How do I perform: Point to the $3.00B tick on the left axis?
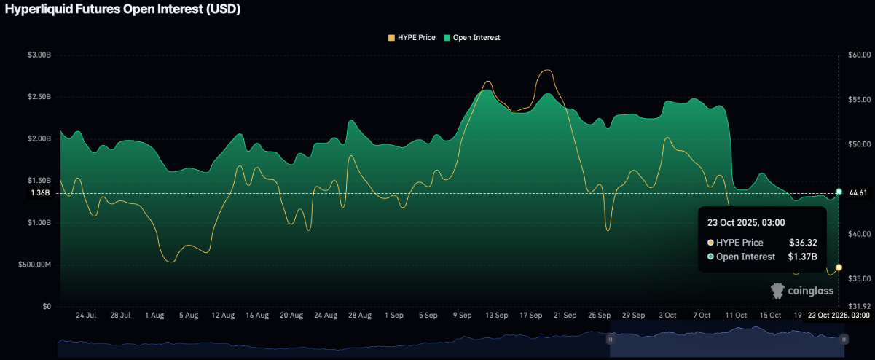point(39,55)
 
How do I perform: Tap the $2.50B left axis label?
point(39,97)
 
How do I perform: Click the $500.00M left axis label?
point(36,265)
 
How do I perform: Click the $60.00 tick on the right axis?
point(860,55)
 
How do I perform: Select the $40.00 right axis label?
point(860,234)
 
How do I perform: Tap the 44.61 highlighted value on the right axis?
point(859,192)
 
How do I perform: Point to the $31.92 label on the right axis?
point(860,306)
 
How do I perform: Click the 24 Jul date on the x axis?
point(86,316)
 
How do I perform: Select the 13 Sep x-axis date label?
point(497,316)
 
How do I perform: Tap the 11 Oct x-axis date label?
point(736,316)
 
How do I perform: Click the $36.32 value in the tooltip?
point(803,243)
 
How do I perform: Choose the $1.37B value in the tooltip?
point(803,257)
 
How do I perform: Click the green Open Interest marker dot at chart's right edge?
point(839,192)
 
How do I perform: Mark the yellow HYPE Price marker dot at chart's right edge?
point(839,267)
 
